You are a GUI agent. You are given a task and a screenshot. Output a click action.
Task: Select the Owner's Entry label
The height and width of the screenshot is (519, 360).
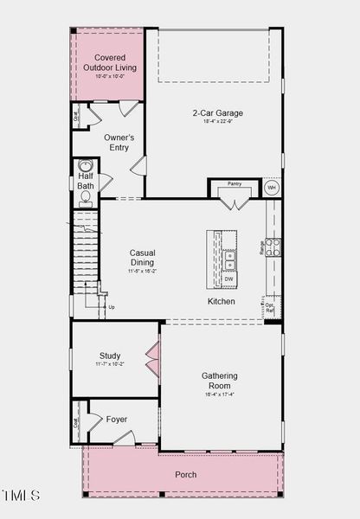(119, 143)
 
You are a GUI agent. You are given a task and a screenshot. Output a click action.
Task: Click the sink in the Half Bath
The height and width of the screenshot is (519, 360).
(86, 165)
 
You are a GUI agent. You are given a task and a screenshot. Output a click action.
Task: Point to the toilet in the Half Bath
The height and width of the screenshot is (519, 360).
(86, 197)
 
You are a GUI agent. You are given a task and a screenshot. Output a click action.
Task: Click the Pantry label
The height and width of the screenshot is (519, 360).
(235, 184)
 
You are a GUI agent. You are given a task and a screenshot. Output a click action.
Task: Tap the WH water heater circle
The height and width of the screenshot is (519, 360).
(271, 188)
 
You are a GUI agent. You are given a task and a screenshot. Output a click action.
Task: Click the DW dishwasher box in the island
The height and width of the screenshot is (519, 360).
(229, 279)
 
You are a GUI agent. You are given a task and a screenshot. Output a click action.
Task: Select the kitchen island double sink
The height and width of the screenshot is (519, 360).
(229, 256)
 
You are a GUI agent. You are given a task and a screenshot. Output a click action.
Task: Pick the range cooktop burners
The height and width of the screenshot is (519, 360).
(273, 247)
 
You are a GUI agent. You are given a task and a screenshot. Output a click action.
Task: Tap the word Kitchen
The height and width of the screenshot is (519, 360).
(221, 302)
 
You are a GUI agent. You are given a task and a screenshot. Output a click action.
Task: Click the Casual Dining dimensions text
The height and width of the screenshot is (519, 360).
(143, 271)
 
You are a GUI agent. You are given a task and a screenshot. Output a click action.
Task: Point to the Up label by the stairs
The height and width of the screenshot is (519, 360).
(111, 307)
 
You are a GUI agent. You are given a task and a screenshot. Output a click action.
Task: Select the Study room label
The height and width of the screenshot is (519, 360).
(110, 356)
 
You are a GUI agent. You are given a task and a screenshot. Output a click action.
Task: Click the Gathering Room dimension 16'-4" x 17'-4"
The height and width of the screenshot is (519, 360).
(220, 394)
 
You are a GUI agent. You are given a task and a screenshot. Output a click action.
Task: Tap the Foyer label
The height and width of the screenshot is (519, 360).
(117, 420)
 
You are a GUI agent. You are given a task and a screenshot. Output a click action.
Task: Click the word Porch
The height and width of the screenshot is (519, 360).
(185, 475)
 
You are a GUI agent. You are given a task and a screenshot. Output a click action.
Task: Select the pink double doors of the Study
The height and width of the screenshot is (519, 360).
(152, 361)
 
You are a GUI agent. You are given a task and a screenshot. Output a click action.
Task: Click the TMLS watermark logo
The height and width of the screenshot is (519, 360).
(21, 496)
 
